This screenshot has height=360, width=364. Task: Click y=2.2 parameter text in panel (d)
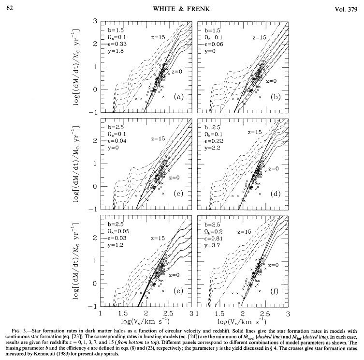213,147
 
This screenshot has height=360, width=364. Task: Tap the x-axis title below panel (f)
241,321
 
